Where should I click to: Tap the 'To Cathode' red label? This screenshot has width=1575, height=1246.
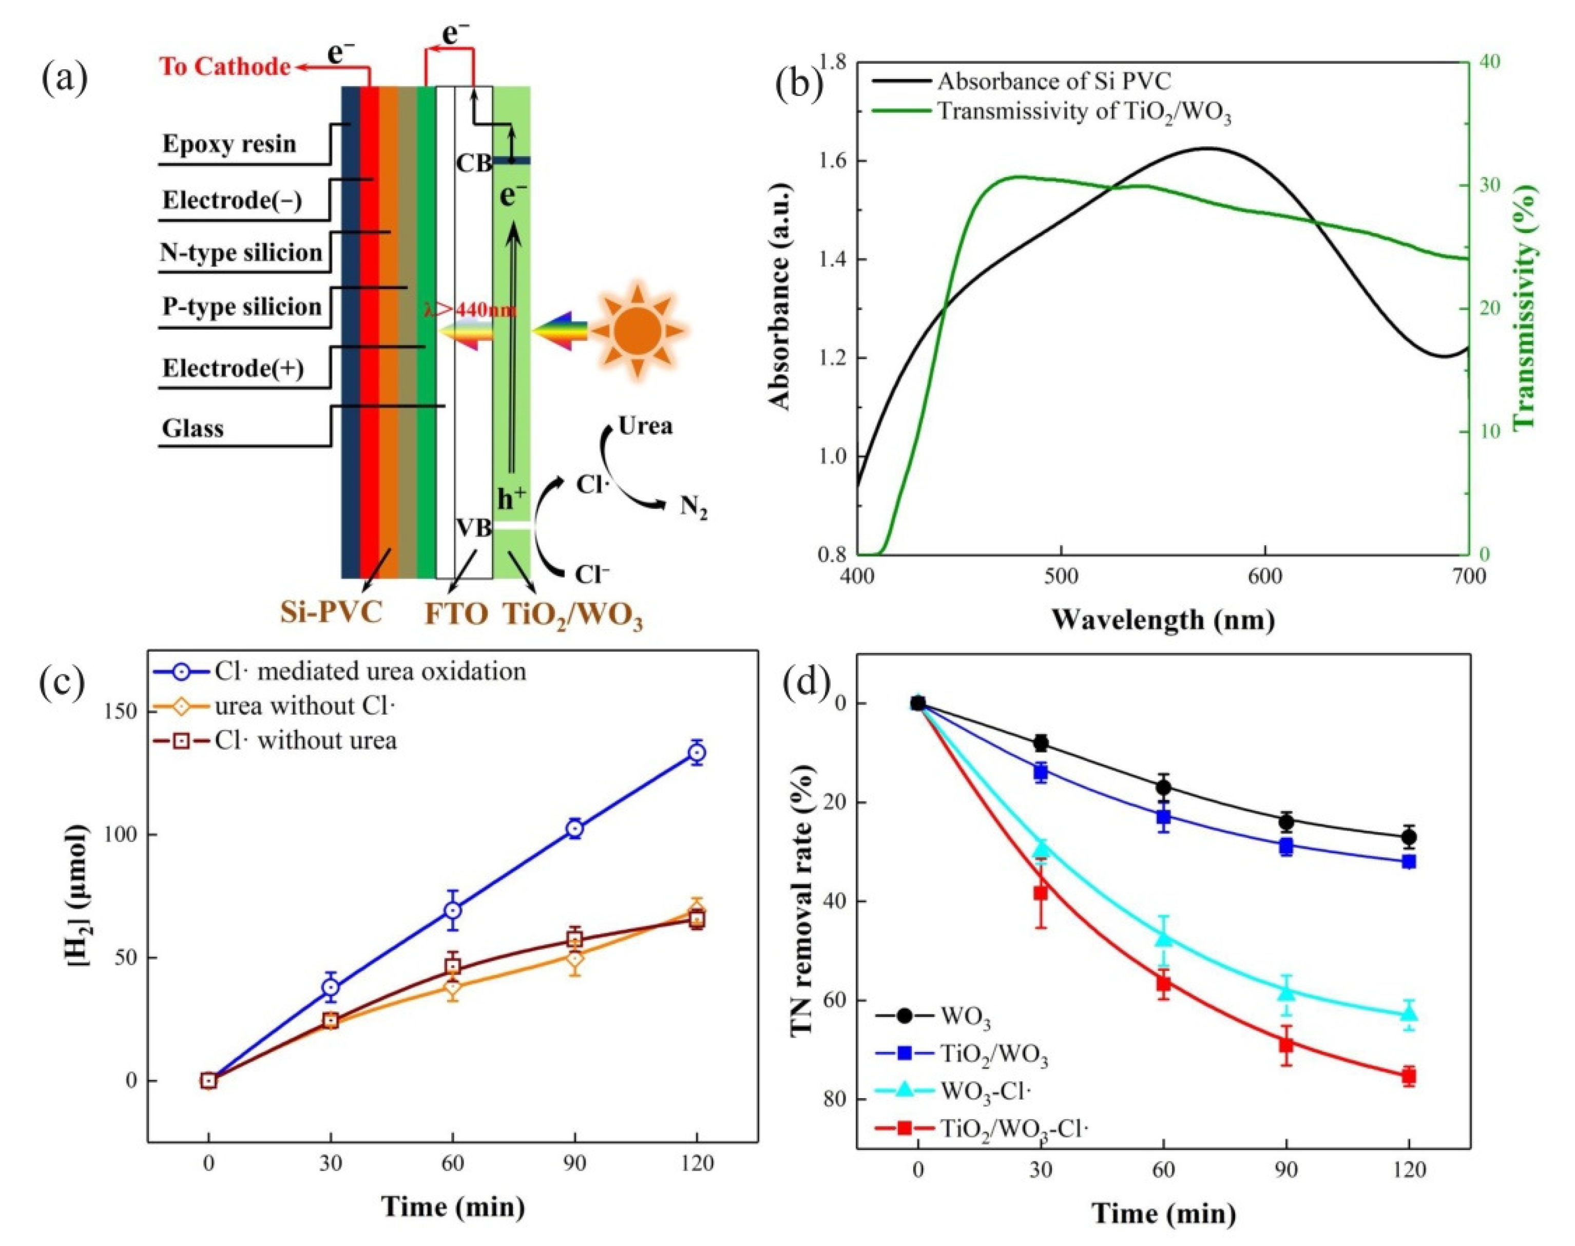point(225,67)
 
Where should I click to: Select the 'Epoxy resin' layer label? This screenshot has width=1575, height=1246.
point(229,144)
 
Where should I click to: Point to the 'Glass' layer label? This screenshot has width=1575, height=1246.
point(193,428)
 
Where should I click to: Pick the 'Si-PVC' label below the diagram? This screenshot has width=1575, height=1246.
point(331,611)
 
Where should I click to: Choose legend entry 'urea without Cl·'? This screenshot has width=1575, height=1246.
point(304,705)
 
